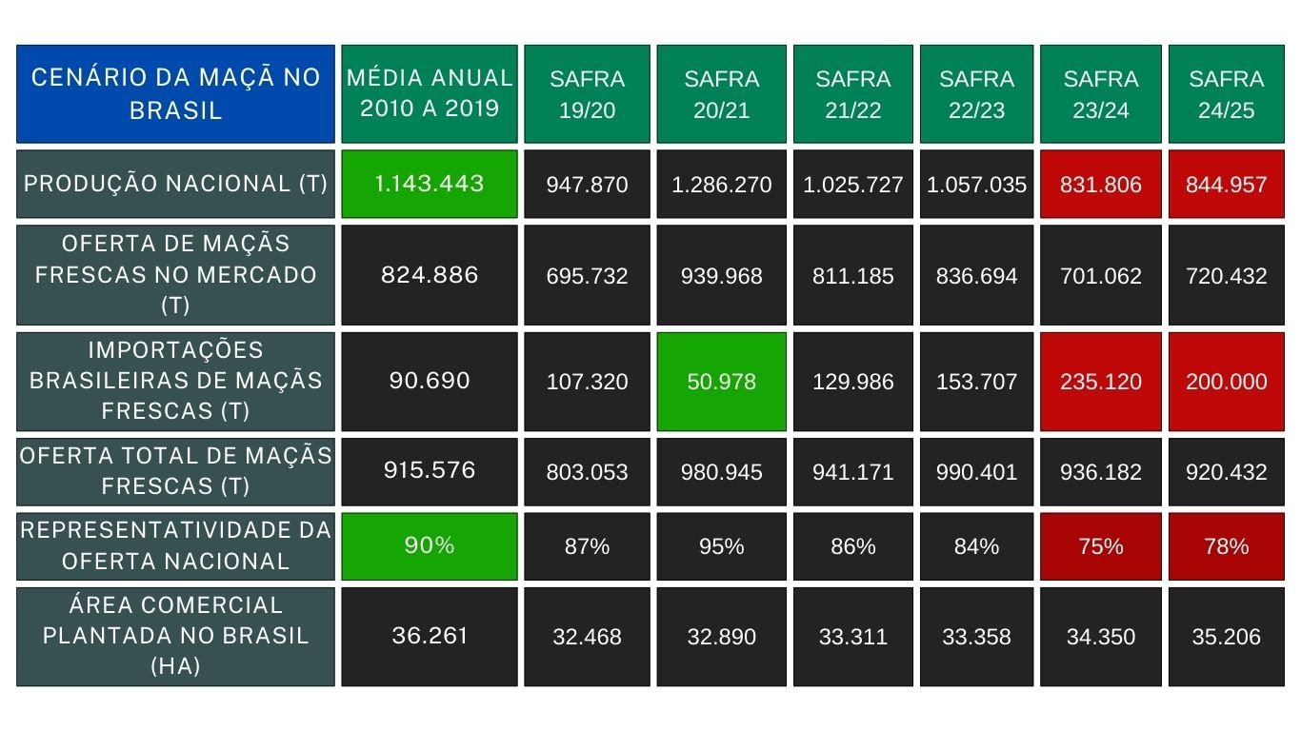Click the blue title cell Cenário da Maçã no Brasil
click(175, 93)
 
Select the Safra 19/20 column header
click(587, 93)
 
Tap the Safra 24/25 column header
click(1226, 93)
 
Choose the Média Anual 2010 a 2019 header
click(430, 93)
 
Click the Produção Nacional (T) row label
click(175, 184)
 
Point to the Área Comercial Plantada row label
click(175, 637)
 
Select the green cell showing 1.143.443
click(430, 184)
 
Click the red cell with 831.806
click(1101, 184)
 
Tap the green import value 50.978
click(721, 382)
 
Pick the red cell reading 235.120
click(1101, 382)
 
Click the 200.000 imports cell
click(1226, 382)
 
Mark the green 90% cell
click(430, 545)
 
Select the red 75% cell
click(1101, 545)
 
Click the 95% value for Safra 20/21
click(721, 545)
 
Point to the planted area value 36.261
click(430, 637)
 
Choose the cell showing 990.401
click(976, 472)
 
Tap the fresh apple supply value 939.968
click(721, 275)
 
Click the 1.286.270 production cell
click(721, 184)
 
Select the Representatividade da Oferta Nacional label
click(175, 545)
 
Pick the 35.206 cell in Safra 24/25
click(1226, 637)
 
